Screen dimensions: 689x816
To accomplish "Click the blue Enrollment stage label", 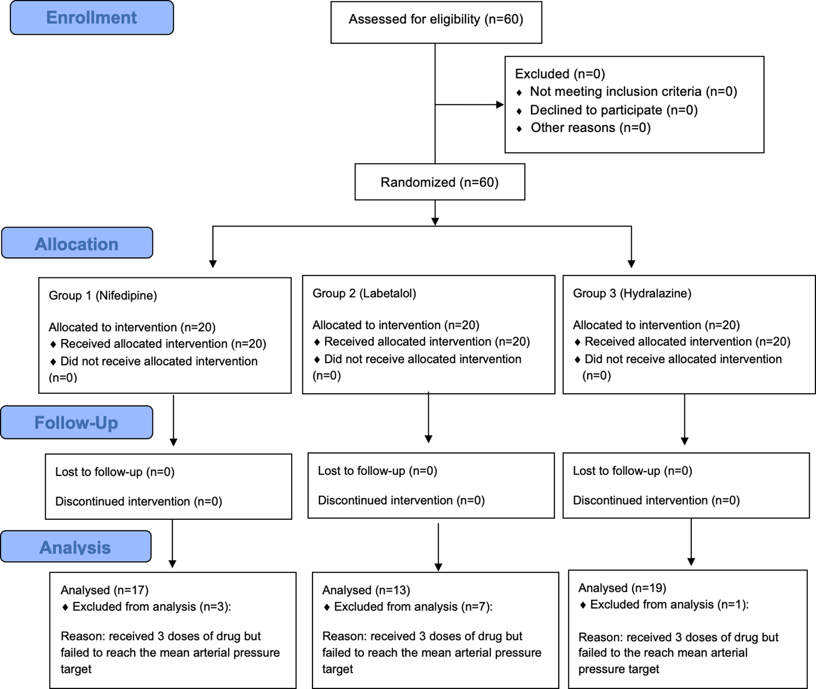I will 91,18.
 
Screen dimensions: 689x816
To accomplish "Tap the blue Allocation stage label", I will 77,244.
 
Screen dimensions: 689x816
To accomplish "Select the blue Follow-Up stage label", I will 76,422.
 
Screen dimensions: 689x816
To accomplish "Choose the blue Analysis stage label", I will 75,547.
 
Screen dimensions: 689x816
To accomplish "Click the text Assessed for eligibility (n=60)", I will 436,20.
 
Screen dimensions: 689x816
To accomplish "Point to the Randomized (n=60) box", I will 439,182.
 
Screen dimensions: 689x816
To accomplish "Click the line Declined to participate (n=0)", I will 614,110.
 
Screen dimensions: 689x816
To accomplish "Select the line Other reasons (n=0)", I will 590,128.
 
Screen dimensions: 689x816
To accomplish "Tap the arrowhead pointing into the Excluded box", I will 500,104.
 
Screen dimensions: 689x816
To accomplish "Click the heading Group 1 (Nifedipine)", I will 103,296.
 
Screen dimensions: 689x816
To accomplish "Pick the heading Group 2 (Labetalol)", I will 364,293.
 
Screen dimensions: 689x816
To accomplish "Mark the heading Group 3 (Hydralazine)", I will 632,293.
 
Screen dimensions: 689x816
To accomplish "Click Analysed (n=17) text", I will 104,590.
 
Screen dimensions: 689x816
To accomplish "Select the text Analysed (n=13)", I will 366,590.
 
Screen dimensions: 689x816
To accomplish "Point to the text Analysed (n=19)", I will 622,588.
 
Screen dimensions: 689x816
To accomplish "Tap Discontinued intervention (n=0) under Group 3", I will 656,501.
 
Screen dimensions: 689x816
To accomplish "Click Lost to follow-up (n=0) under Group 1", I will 115,472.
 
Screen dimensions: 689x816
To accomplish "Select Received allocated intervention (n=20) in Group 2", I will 426,342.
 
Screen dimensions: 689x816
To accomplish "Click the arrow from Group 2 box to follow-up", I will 428,417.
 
